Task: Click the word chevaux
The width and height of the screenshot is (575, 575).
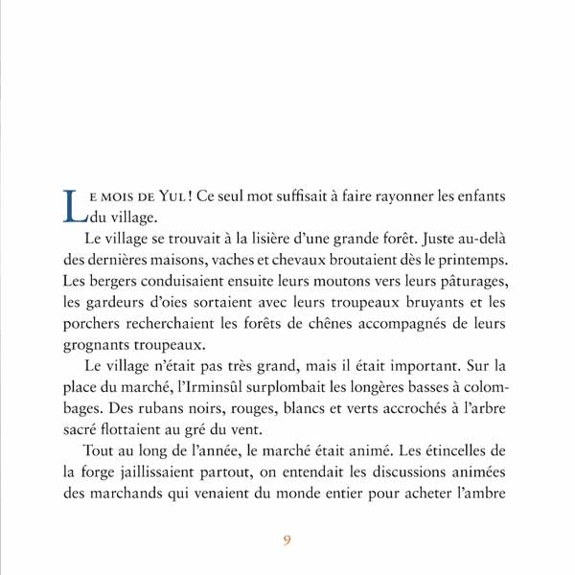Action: tap(300, 259)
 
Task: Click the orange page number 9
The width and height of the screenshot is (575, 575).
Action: tap(287, 539)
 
